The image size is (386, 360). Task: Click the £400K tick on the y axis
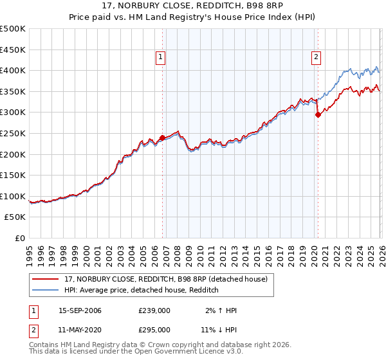pyautogui.click(x=13, y=70)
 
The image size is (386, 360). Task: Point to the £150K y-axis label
pyautogui.click(x=13, y=175)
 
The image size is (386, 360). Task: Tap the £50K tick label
pyautogui.click(x=15, y=217)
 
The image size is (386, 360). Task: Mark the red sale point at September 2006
pyautogui.click(x=161, y=138)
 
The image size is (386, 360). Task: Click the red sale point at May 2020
pyautogui.click(x=318, y=115)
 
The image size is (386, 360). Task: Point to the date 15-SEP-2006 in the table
pyautogui.click(x=80, y=310)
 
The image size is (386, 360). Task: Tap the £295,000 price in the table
pyautogui.click(x=154, y=330)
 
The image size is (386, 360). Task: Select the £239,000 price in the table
pyautogui.click(x=154, y=310)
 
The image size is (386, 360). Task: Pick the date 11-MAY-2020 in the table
pyautogui.click(x=80, y=330)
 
